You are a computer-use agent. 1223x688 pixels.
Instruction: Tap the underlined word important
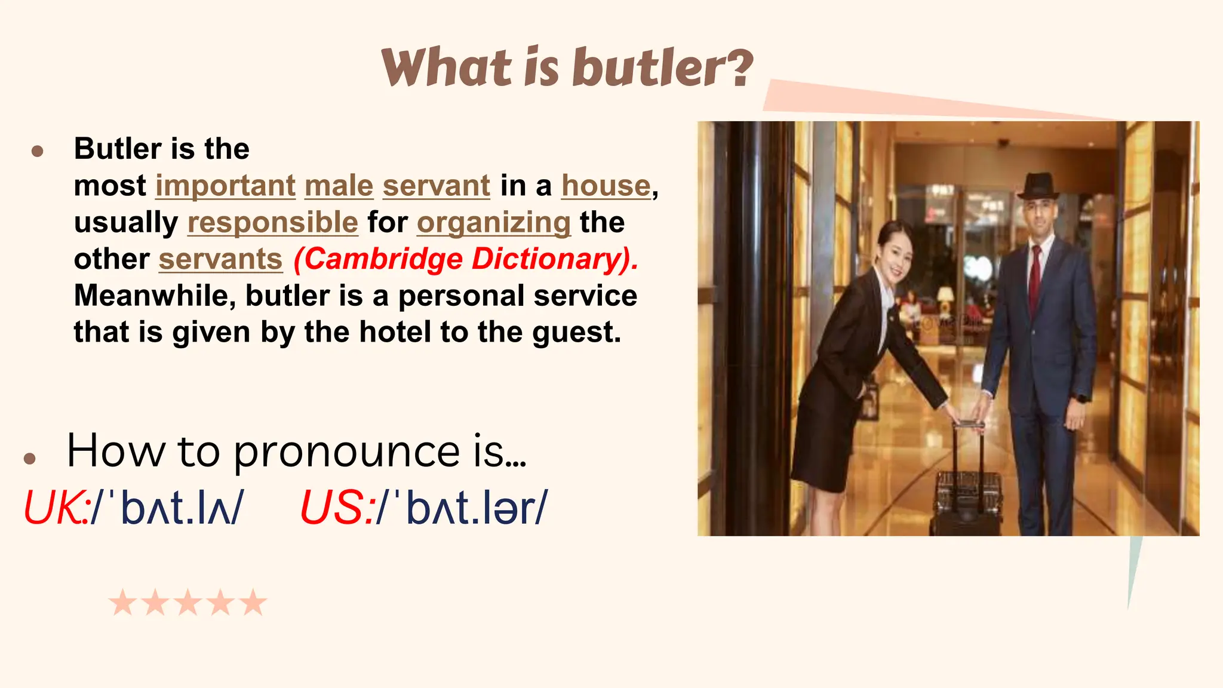click(x=225, y=186)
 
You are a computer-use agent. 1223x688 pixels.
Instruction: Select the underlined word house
click(x=606, y=186)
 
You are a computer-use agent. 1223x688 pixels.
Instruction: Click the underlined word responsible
click(x=272, y=223)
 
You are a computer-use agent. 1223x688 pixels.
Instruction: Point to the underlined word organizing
click(x=494, y=223)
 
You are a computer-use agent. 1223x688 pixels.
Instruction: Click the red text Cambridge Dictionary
click(x=466, y=259)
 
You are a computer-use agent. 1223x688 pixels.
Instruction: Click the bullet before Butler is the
click(x=37, y=150)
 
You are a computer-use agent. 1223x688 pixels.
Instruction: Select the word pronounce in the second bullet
click(x=346, y=451)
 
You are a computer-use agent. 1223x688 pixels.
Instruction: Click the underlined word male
click(x=339, y=186)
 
